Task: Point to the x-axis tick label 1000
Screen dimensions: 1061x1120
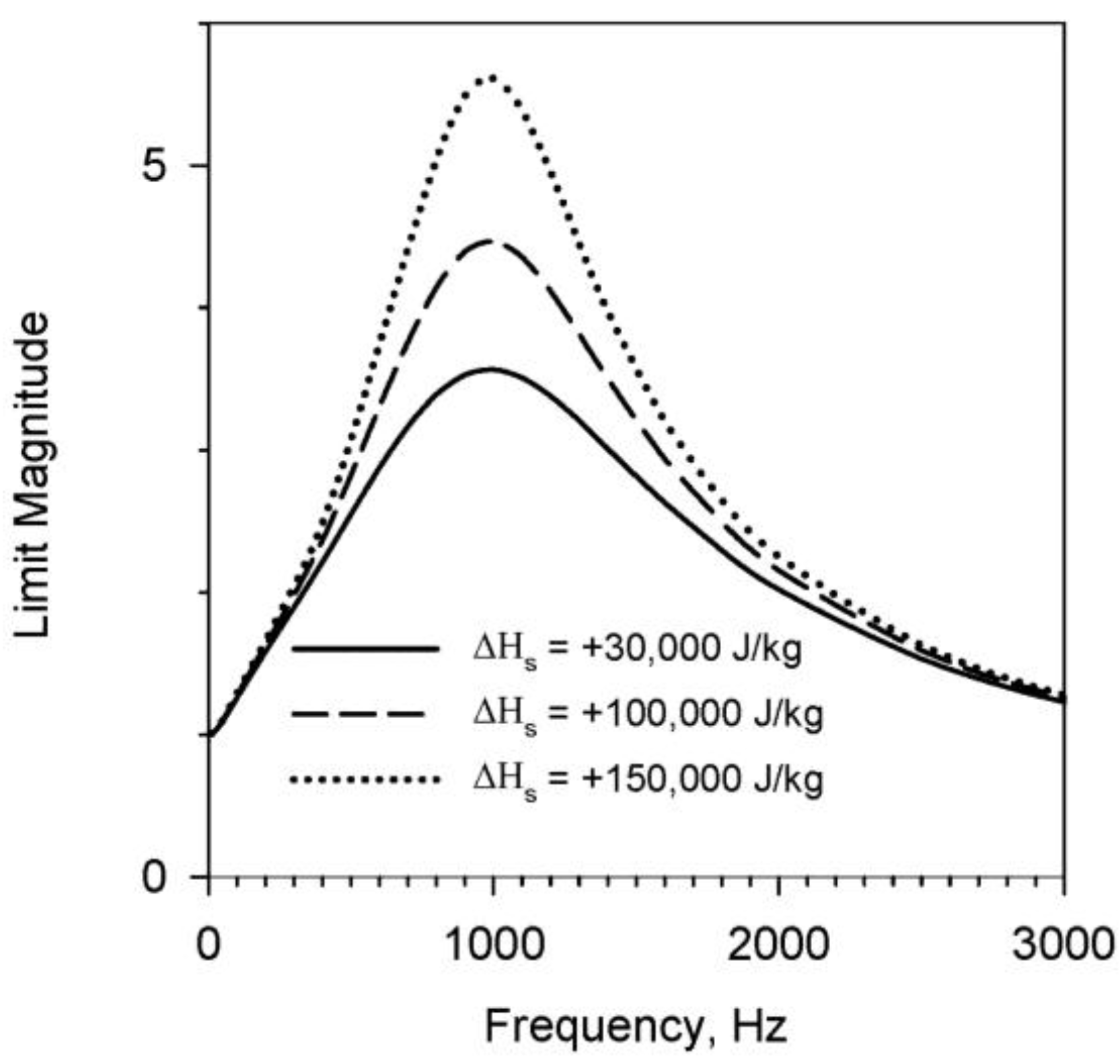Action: coord(493,945)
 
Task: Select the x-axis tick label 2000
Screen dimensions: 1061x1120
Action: coord(778,945)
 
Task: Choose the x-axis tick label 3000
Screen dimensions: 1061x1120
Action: coord(1062,945)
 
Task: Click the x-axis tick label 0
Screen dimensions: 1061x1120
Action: coord(209,945)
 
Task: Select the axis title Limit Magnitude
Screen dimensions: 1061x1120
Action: coord(34,475)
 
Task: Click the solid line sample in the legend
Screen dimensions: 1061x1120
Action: coord(366,650)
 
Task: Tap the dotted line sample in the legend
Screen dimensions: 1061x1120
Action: coord(366,780)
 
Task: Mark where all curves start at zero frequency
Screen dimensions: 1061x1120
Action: coord(210,734)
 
